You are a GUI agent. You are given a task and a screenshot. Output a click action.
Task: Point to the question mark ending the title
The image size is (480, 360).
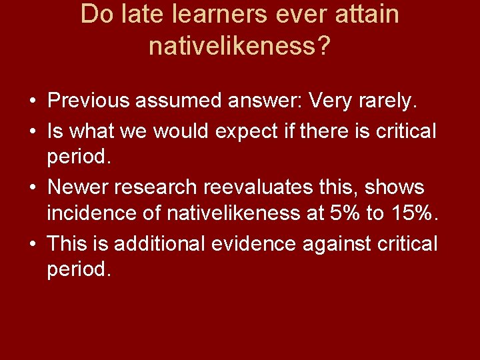(324, 46)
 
